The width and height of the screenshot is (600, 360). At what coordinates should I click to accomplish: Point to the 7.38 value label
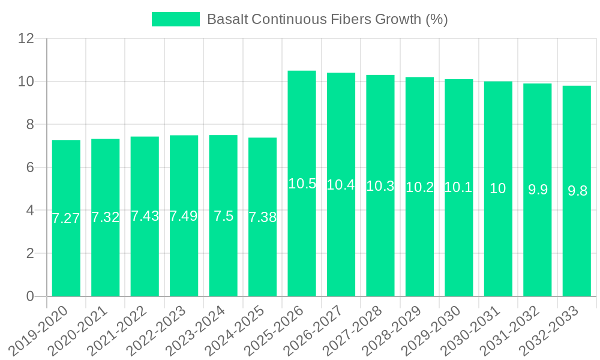pyautogui.click(x=262, y=217)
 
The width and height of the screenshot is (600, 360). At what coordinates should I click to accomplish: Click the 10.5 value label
pyautogui.click(x=302, y=184)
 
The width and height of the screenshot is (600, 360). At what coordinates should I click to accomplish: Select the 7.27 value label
pyautogui.click(x=66, y=218)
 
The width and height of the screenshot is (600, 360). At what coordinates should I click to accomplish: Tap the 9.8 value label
pyautogui.click(x=577, y=191)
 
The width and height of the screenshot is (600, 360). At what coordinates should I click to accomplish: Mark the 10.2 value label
pyautogui.click(x=419, y=187)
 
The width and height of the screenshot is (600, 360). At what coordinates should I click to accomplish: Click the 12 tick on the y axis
pyautogui.click(x=26, y=38)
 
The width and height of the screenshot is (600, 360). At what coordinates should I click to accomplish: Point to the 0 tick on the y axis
pyautogui.click(x=31, y=296)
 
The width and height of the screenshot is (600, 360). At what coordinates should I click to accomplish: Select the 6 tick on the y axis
pyautogui.click(x=31, y=167)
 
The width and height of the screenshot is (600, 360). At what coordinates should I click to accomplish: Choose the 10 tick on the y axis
pyautogui.click(x=26, y=82)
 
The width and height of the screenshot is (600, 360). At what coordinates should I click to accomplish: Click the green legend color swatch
pyautogui.click(x=175, y=19)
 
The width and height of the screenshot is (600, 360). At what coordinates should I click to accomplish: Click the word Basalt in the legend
pyautogui.click(x=227, y=19)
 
